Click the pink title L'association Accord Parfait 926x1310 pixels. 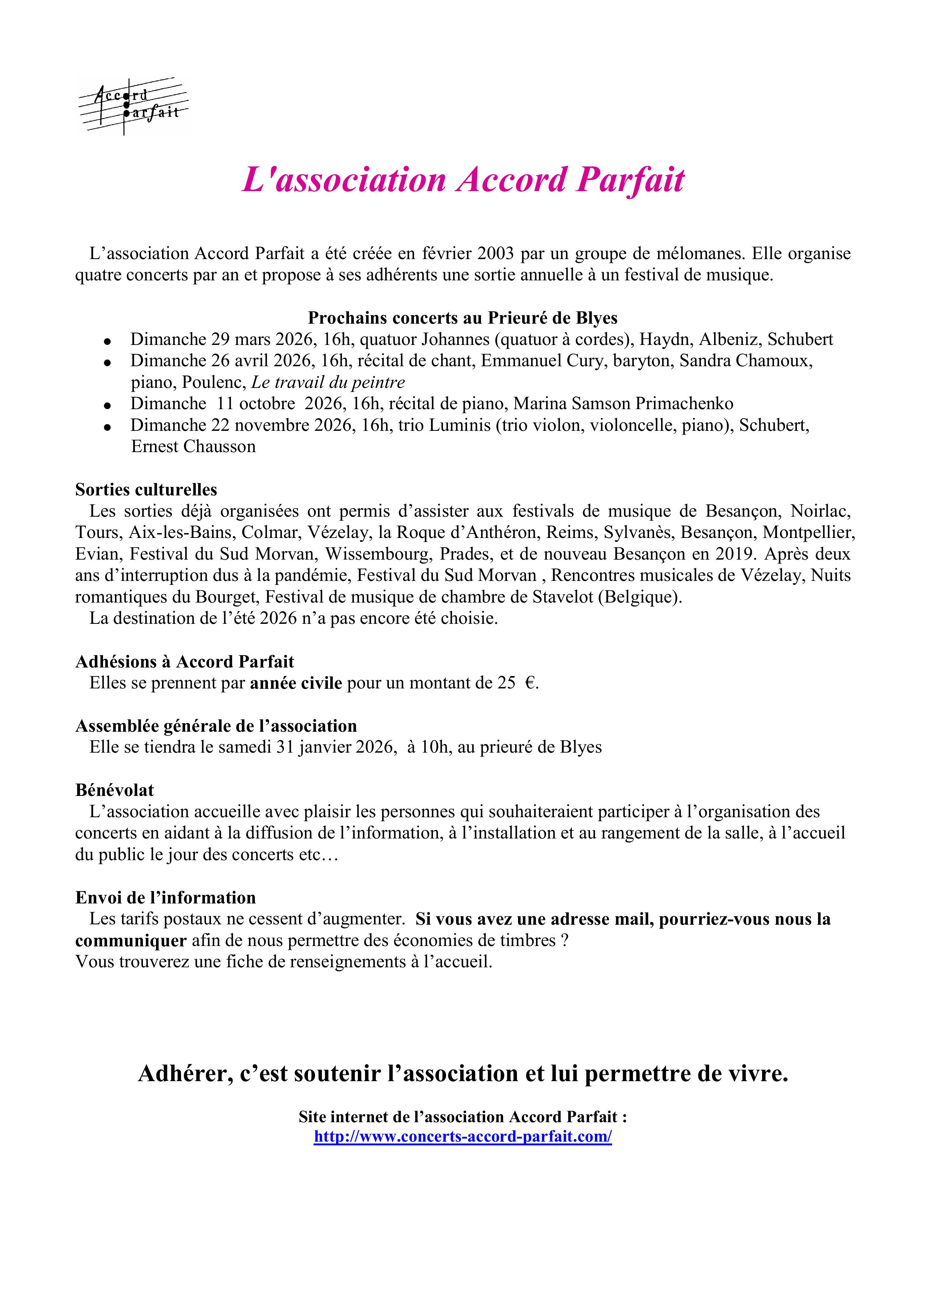tap(463, 180)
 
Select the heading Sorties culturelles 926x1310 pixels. tap(146, 489)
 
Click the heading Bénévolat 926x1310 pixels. tap(115, 790)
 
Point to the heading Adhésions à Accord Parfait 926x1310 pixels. tap(184, 662)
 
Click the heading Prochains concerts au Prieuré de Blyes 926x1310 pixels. tap(463, 318)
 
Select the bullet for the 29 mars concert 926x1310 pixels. tap(107, 341)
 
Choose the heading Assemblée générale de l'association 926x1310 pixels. tap(216, 726)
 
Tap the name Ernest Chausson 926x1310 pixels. tap(193, 447)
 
